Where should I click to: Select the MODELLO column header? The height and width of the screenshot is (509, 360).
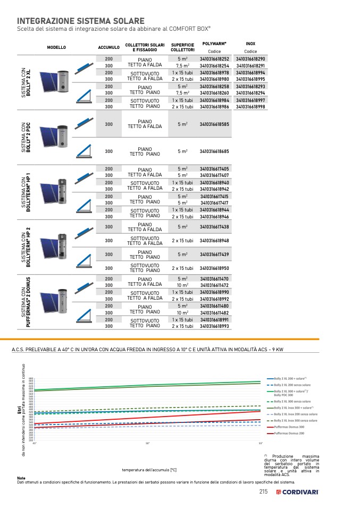click(x=56, y=47)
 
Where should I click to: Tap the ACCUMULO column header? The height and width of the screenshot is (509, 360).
click(x=108, y=47)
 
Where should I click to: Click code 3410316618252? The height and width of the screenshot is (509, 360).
click(x=214, y=59)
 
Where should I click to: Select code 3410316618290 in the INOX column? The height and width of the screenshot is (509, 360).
click(x=250, y=59)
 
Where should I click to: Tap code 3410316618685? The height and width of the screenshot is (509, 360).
click(x=214, y=151)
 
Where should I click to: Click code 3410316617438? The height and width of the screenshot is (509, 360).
click(x=214, y=227)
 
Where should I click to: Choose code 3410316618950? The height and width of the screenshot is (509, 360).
click(x=214, y=268)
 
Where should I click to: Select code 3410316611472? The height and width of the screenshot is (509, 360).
click(x=214, y=285)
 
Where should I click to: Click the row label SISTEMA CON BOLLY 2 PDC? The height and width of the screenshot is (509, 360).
click(x=26, y=138)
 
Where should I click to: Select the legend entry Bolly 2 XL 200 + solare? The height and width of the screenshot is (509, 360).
click(x=291, y=378)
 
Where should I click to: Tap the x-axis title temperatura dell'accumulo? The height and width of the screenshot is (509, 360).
click(x=149, y=470)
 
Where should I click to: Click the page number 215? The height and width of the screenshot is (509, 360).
click(x=263, y=491)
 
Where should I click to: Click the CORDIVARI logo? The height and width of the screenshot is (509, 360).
click(x=297, y=492)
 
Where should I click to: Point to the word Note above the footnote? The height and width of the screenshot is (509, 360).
click(x=21, y=478)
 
